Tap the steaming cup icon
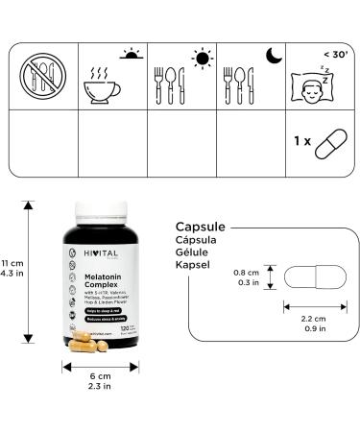tap(106, 80)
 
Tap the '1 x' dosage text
tap(301, 141)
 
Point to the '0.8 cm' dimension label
tap(247, 272)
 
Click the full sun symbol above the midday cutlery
tap(201, 59)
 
